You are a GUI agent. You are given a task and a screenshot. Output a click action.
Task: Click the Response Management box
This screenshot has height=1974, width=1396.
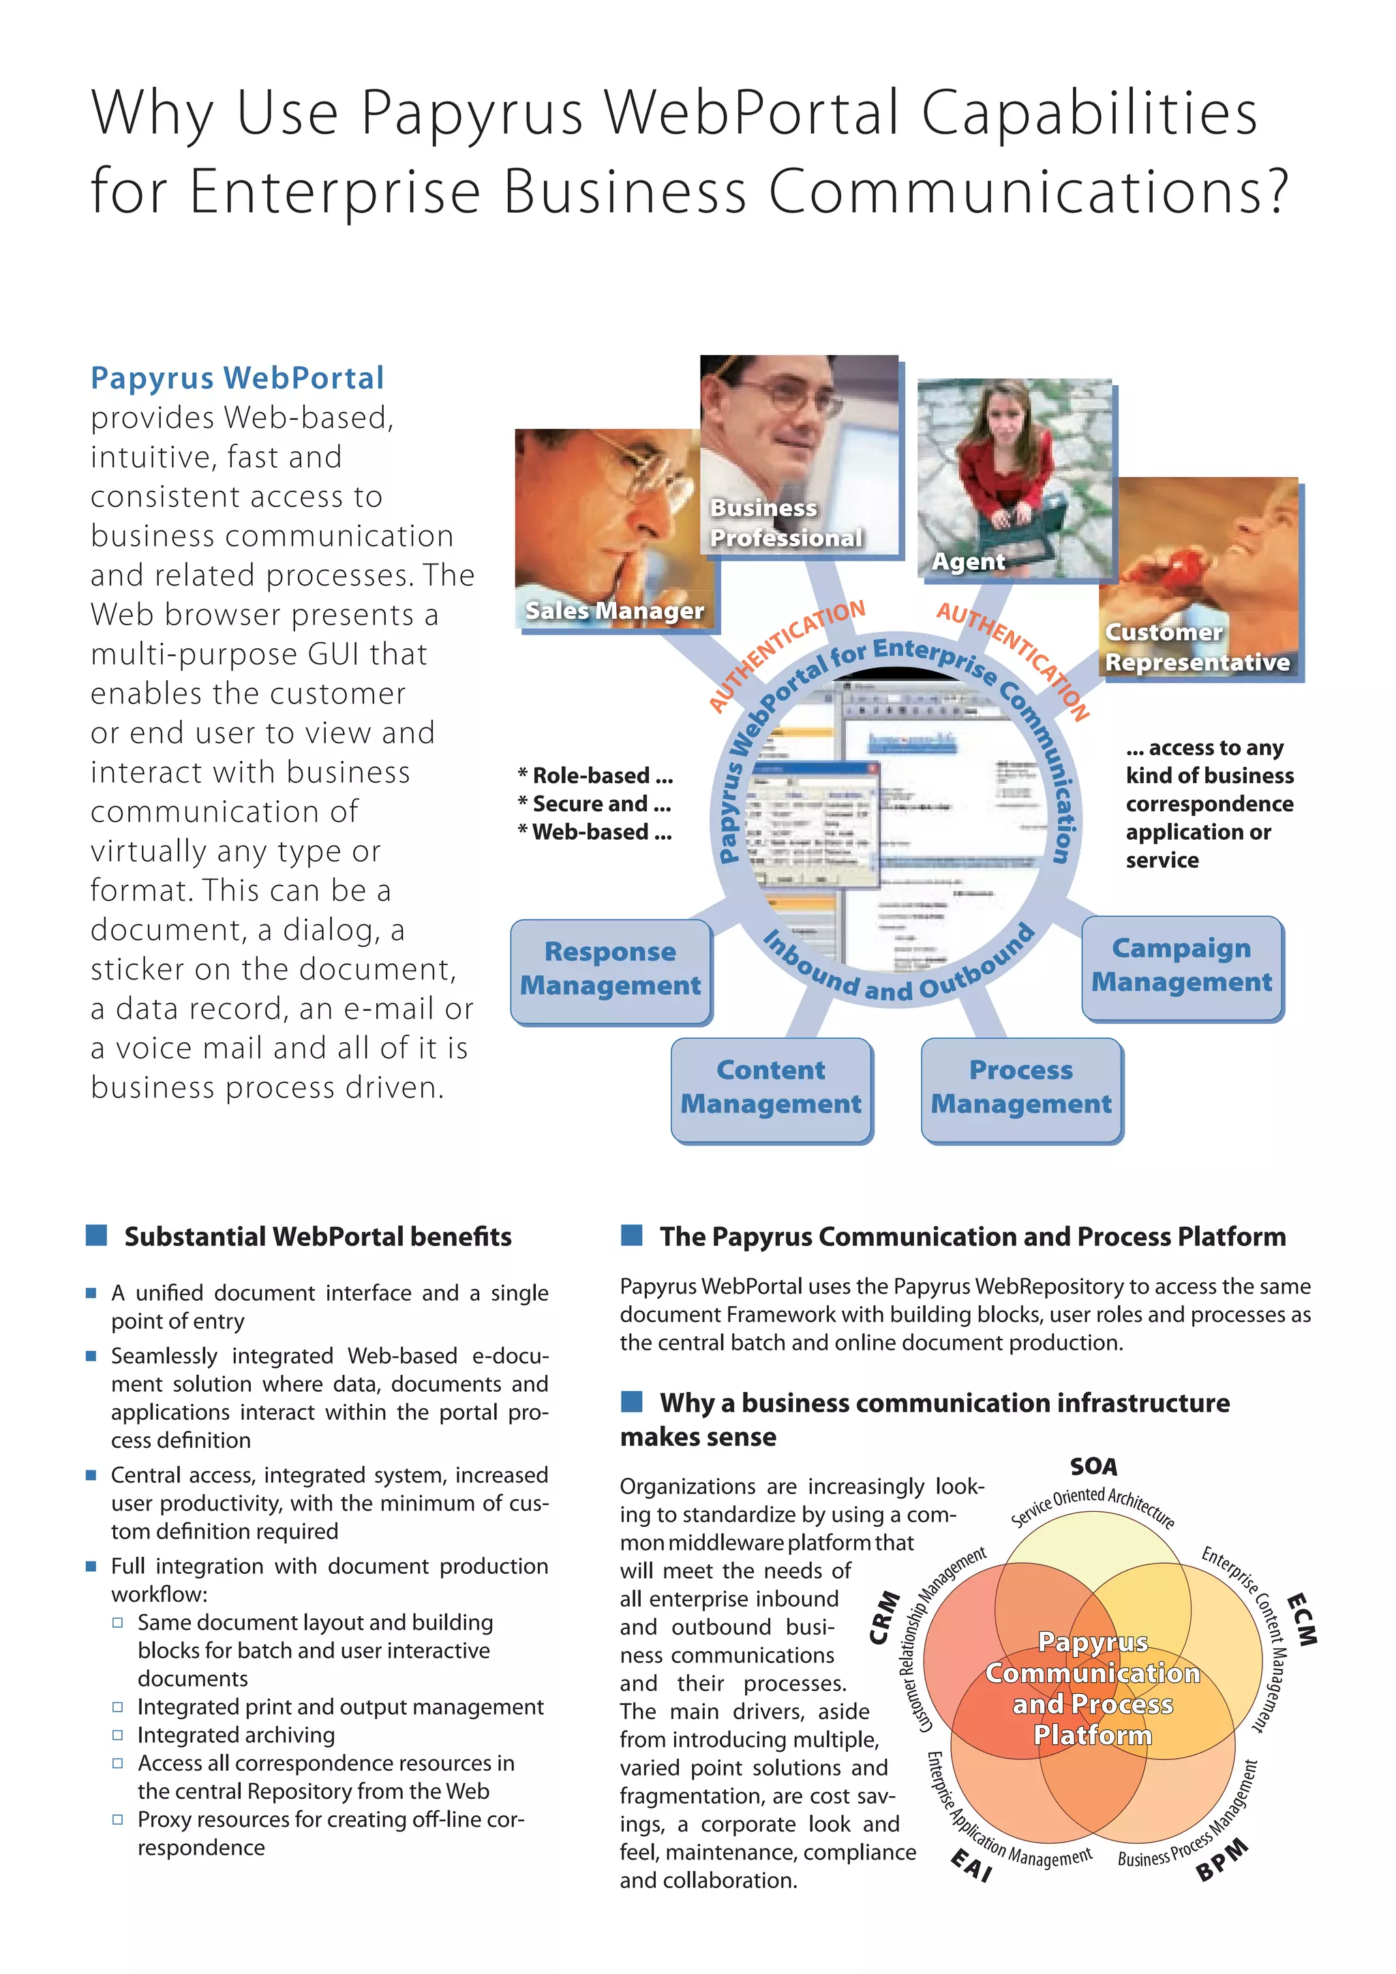(610, 969)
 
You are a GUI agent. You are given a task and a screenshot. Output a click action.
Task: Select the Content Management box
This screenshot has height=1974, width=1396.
(771, 1088)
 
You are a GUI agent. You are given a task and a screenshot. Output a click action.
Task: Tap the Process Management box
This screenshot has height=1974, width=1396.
(1021, 1088)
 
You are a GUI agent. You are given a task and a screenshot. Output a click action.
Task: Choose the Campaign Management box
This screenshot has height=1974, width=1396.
(1182, 965)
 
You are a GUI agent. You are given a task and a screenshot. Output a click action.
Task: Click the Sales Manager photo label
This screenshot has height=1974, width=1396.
(615, 611)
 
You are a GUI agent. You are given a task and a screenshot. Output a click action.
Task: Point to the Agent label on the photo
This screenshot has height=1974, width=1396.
(968, 562)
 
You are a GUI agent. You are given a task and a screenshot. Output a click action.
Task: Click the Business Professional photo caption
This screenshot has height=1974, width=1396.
(785, 523)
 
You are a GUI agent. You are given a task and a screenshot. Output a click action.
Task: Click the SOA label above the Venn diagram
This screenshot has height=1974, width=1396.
(1093, 1466)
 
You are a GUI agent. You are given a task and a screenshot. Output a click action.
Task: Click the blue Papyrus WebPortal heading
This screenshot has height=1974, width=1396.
(237, 378)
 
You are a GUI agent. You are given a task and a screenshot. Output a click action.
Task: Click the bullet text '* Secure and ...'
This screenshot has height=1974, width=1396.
(594, 804)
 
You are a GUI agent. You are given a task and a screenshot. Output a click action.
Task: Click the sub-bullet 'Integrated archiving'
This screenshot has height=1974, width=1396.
(236, 1735)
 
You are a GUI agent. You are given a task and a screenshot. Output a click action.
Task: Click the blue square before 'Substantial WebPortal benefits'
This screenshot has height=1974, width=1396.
(96, 1236)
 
